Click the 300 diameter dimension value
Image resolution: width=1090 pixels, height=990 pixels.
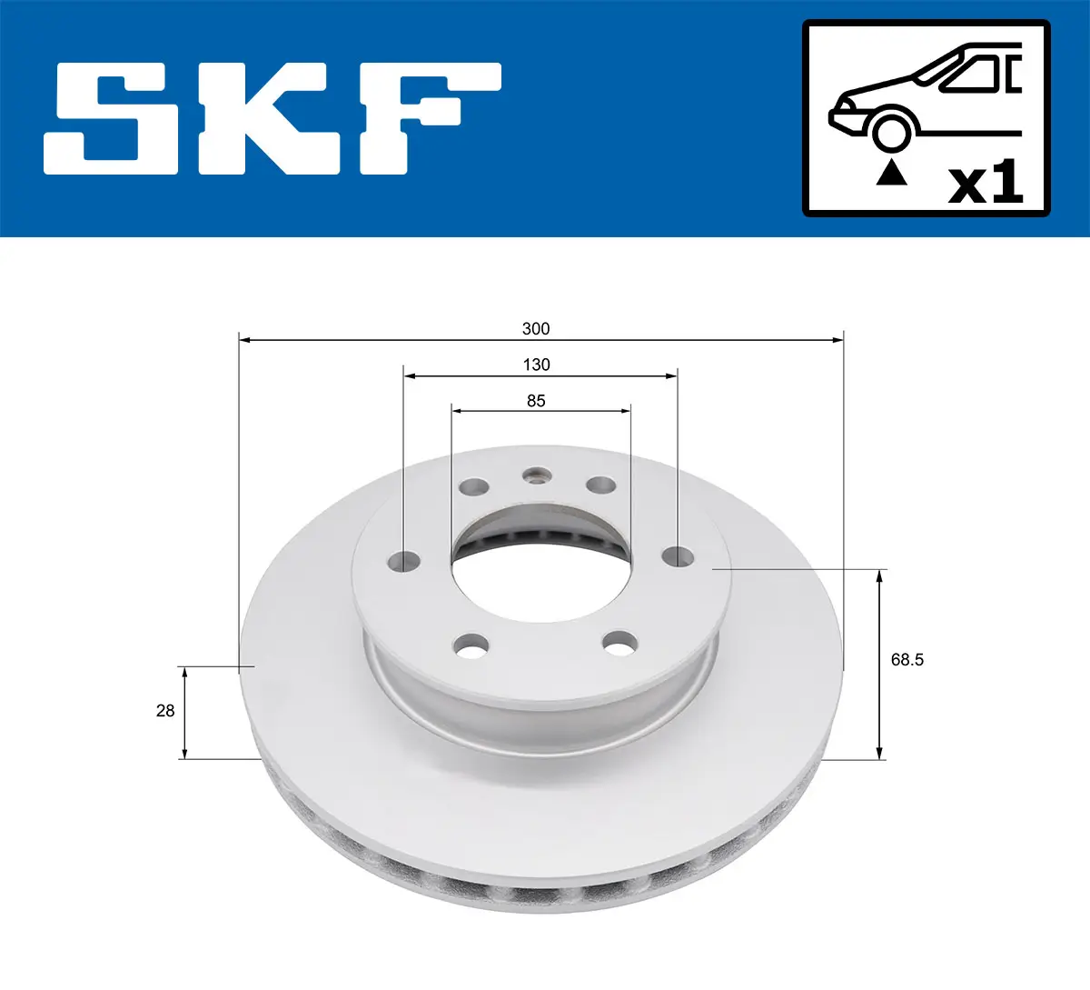[x=536, y=329]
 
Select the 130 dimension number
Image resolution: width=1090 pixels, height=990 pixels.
[x=536, y=365]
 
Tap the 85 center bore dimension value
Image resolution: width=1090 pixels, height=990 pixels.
[x=536, y=401]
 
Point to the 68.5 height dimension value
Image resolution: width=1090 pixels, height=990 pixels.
[x=907, y=660]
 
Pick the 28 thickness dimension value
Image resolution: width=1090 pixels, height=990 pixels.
[x=164, y=711]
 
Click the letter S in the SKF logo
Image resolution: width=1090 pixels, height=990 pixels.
[x=112, y=118]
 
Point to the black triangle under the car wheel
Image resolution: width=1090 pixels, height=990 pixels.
[x=891, y=173]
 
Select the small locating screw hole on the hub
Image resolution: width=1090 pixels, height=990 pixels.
[x=537, y=475]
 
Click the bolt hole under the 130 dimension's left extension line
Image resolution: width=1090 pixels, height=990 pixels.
[x=403, y=561]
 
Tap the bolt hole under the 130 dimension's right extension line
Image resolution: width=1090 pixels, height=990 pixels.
[x=678, y=555]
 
